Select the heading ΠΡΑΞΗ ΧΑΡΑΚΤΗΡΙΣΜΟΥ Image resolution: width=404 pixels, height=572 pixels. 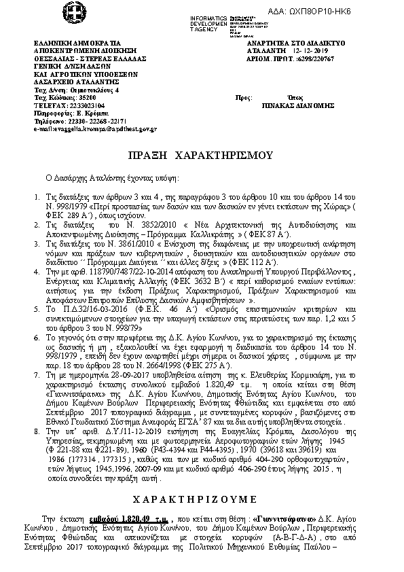pos(201,155)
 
